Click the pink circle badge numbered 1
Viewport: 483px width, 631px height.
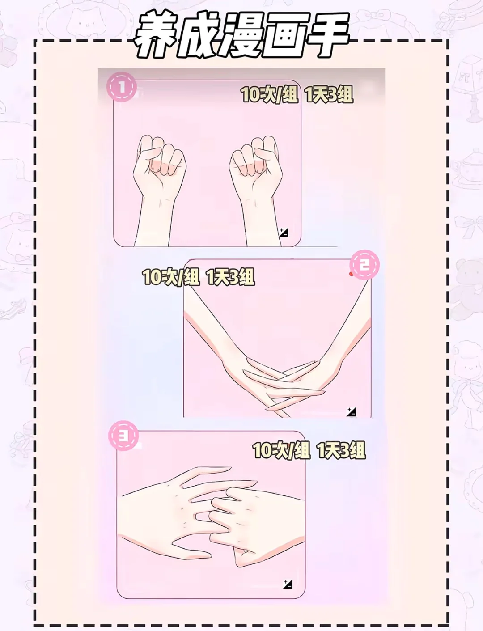tap(122, 87)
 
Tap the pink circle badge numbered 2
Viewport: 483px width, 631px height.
tap(364, 265)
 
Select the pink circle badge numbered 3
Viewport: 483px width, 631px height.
tap(123, 436)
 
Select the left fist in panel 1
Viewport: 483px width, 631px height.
tap(159, 167)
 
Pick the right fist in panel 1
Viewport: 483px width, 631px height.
tap(256, 167)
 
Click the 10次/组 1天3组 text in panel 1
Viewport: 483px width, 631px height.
tap(297, 94)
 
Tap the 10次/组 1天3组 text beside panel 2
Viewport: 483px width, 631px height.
tap(199, 277)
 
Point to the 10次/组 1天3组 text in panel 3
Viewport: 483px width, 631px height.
tap(309, 450)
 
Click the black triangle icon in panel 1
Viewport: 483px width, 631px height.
tap(284, 232)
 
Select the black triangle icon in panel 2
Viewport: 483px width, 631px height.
tap(352, 412)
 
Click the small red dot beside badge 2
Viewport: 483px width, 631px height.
tap(351, 274)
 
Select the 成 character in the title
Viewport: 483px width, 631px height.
tap(199, 35)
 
